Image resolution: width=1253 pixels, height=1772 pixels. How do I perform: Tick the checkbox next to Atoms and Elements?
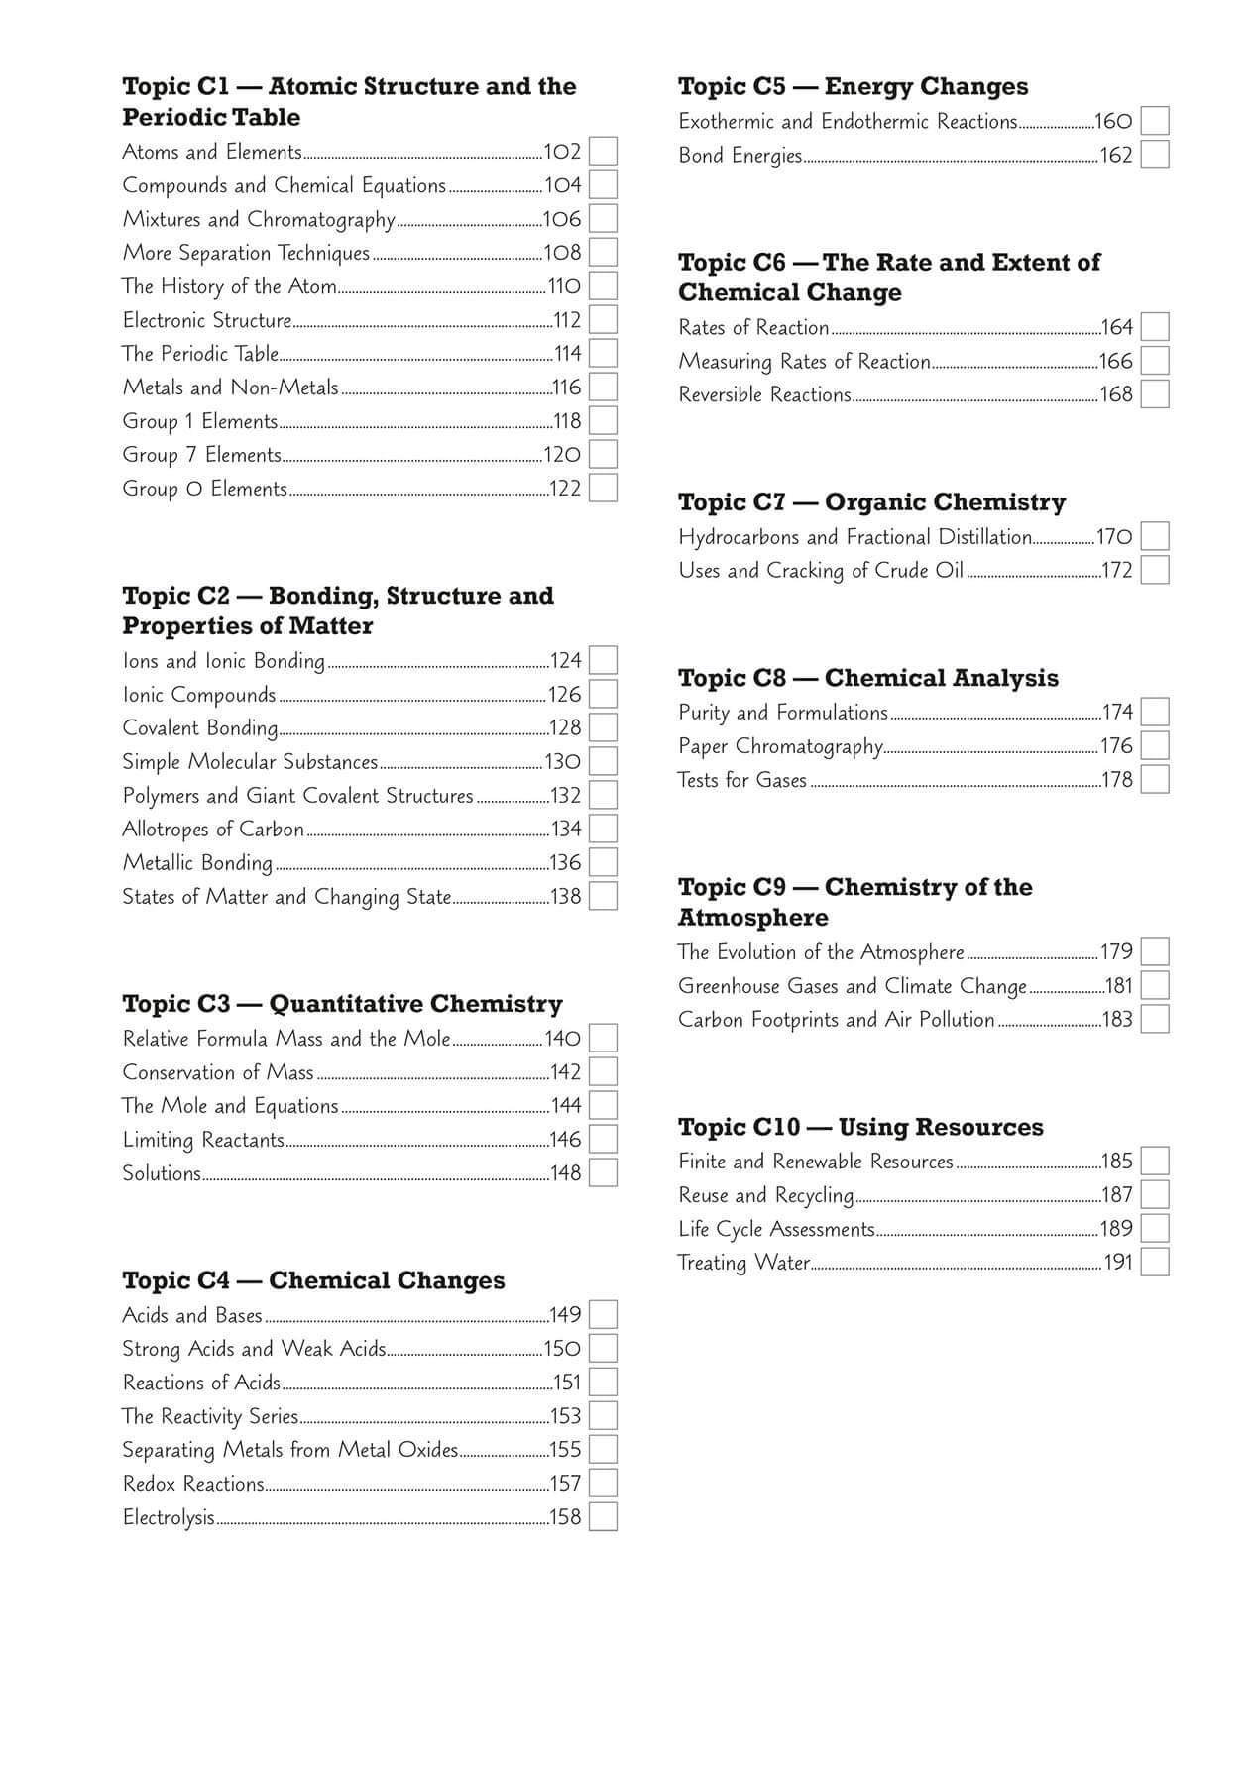[603, 152]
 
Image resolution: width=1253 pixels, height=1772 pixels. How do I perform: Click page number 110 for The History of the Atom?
[565, 286]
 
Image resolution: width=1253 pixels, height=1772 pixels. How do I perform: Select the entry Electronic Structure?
[207, 320]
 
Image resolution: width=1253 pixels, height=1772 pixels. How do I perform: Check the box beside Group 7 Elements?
[603, 455]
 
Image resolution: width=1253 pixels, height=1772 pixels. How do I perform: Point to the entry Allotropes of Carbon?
[213, 830]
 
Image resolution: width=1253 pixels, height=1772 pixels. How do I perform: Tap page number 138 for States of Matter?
[565, 897]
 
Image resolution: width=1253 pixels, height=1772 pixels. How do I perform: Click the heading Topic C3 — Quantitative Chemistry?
[342, 1004]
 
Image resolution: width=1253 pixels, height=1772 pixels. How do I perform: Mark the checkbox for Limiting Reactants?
[603, 1140]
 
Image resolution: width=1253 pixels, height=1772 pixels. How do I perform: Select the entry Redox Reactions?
[193, 1484]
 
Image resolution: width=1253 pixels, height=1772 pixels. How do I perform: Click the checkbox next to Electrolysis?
[603, 1517]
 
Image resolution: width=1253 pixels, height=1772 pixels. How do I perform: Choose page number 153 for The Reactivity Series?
[565, 1416]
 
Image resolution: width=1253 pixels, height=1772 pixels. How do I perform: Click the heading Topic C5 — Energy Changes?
[853, 87]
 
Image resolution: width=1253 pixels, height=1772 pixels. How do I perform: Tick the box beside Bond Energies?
[1155, 155]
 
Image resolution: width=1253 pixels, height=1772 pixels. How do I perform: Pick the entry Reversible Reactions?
[764, 394]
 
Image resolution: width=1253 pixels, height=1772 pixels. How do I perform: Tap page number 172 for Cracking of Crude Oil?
[1117, 571]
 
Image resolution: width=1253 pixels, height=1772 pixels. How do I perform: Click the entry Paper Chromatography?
[780, 746]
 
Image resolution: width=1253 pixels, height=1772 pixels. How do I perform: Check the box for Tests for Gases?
[1155, 780]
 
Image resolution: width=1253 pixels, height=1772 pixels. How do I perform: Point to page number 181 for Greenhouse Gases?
[1118, 986]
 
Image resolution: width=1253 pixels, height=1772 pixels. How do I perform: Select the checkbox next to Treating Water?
[1155, 1263]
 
